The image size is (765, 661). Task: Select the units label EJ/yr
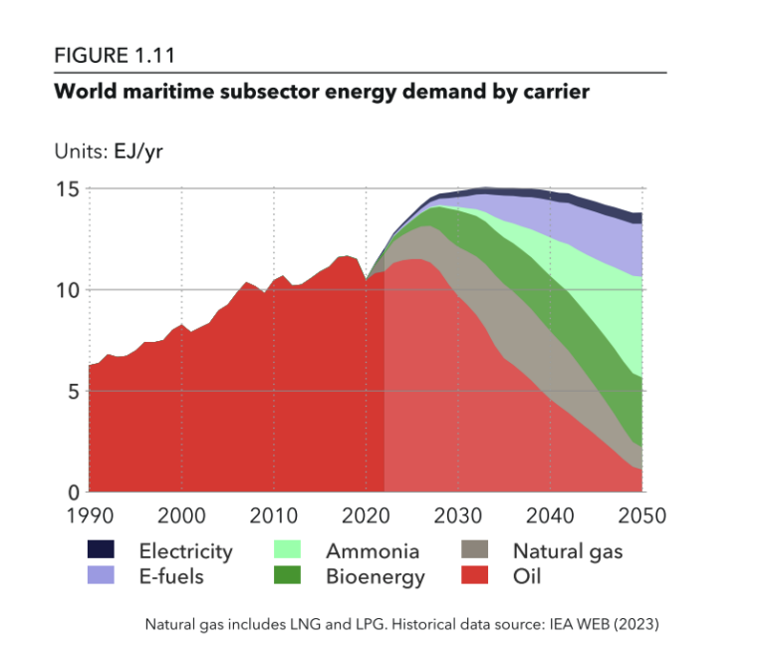[x=138, y=152]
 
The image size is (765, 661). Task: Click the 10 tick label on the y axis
[x=66, y=290]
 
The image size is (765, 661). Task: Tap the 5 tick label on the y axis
[x=72, y=391]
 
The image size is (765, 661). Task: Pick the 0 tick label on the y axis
[x=72, y=493]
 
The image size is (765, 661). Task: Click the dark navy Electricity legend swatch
[x=102, y=550]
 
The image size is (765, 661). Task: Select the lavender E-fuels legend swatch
[x=102, y=575]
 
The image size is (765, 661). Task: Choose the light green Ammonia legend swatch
[x=288, y=550]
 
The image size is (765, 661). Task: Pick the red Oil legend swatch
[x=476, y=575]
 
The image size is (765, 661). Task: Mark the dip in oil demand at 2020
[x=367, y=280]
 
